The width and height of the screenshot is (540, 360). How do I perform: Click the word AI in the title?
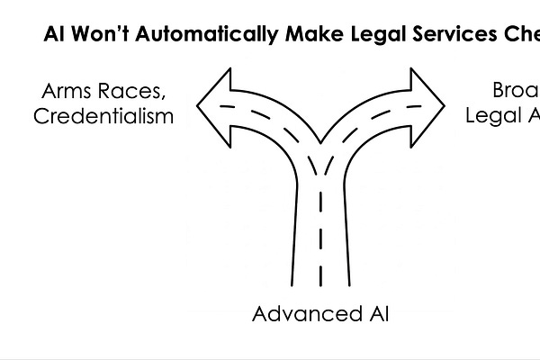tap(55, 37)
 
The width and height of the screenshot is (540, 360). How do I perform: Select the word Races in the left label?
tap(134, 91)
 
